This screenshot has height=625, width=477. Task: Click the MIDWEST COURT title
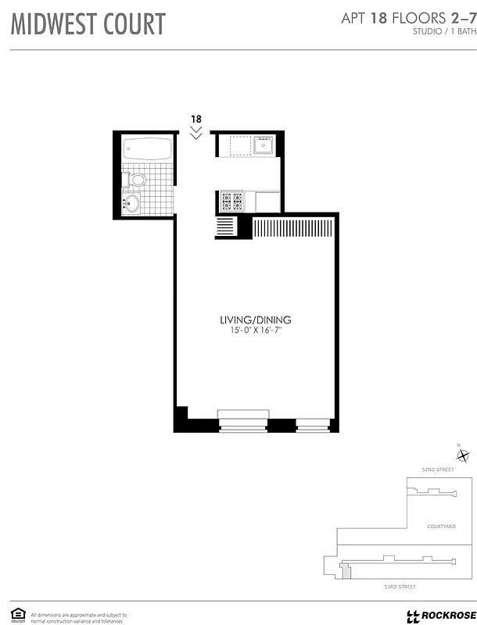[x=88, y=24]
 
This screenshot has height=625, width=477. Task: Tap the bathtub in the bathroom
[x=147, y=149]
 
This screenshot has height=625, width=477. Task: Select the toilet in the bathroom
[x=138, y=180]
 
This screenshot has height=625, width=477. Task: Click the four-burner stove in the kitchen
[x=232, y=202]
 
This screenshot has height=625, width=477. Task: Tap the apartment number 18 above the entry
[x=196, y=119]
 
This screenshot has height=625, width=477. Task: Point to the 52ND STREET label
[x=437, y=470]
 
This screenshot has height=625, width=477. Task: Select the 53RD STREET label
[x=399, y=586]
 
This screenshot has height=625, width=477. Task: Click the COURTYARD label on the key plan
[x=442, y=527]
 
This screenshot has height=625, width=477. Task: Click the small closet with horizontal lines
[x=224, y=227]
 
